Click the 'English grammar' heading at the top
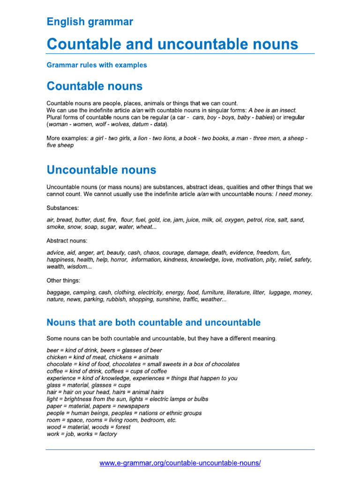point(90,22)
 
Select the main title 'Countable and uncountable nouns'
point(172,44)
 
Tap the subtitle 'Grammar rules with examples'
point(97,65)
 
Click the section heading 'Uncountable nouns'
point(101,169)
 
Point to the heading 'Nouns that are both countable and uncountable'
point(153,322)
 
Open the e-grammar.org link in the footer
point(180,463)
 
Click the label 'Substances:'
point(63,207)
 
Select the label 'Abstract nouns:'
point(67,240)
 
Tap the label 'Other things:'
point(63,280)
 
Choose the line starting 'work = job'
point(82,434)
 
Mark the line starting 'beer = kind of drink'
point(105,350)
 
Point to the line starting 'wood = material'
point(89,427)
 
